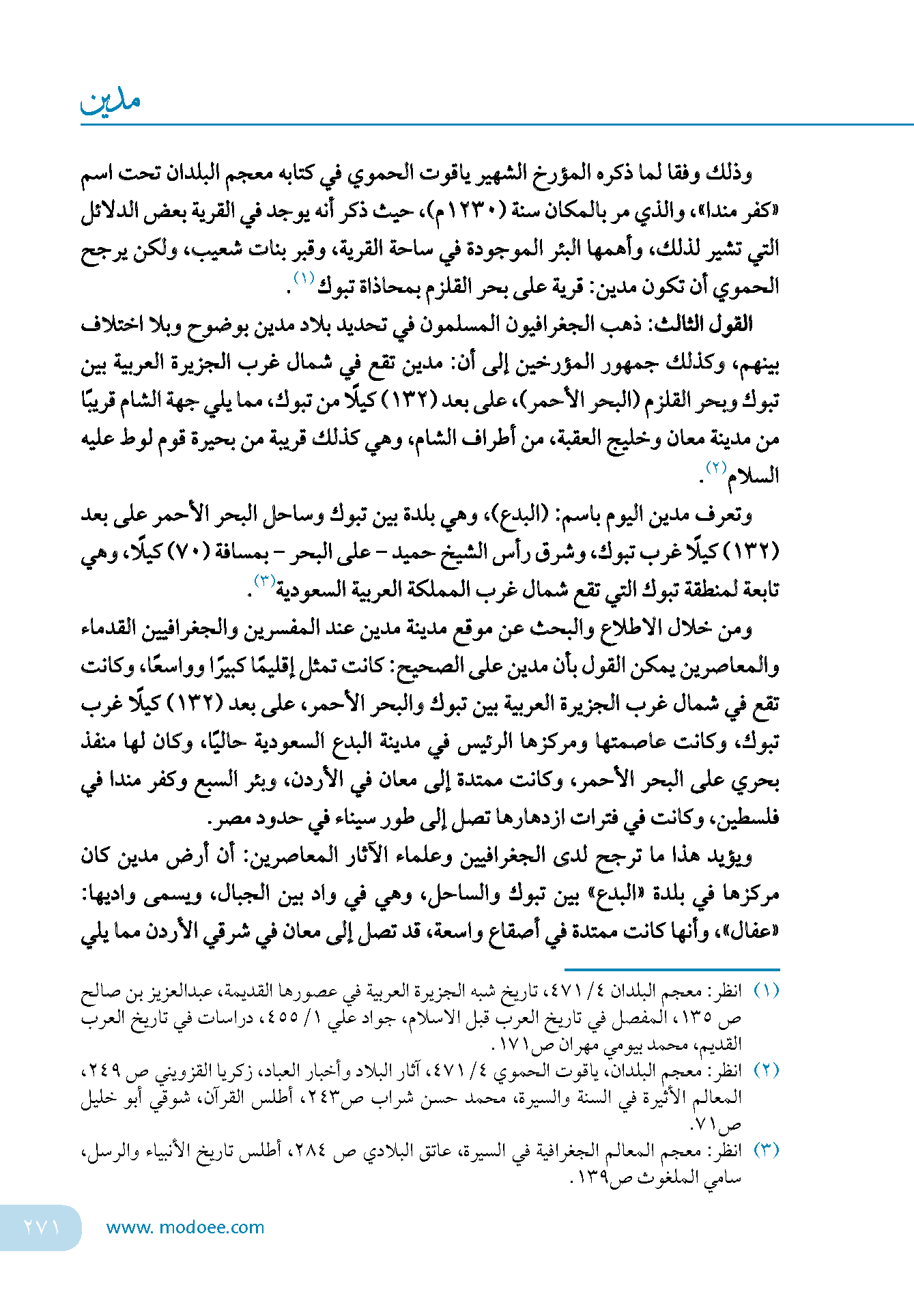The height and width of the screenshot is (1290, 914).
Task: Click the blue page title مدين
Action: pyautogui.click(x=111, y=101)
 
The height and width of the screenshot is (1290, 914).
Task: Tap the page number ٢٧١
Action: pyautogui.click(x=42, y=1227)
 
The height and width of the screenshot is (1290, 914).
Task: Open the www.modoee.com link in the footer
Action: pyautogui.click(x=185, y=1227)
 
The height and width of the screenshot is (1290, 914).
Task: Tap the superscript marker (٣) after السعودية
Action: pyautogui.click(x=265, y=581)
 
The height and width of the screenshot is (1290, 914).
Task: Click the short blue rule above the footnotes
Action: pyautogui.click(x=672, y=969)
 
